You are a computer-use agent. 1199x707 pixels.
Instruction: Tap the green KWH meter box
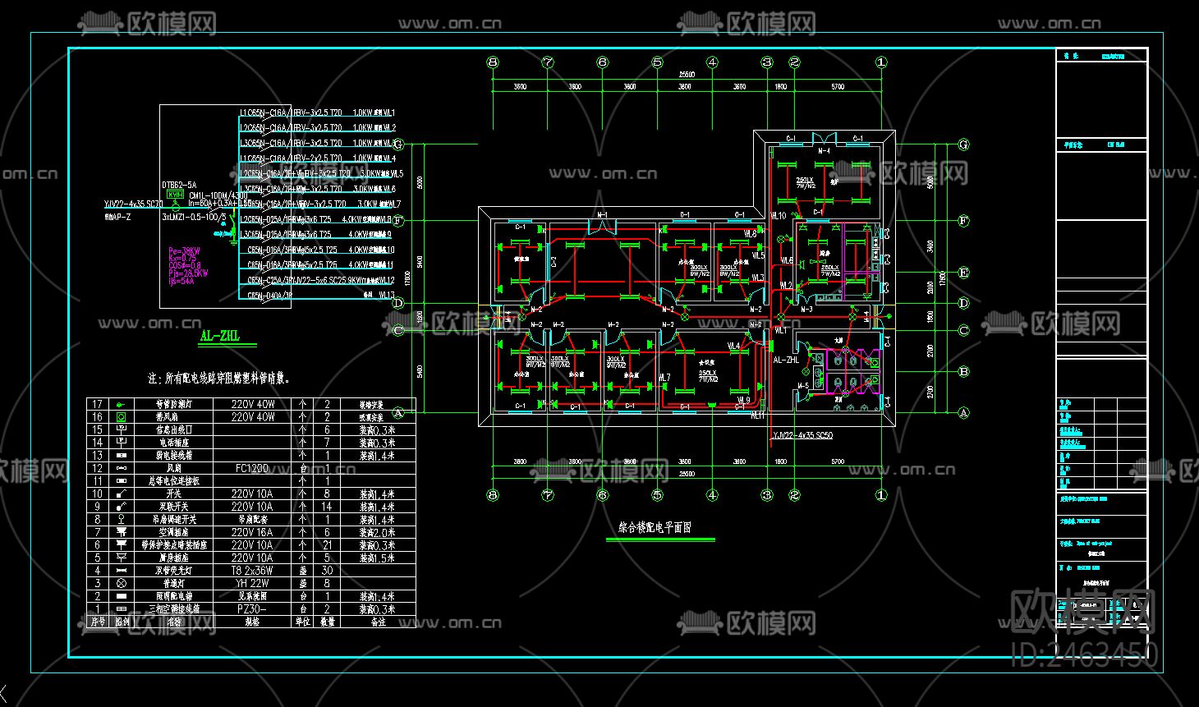175,195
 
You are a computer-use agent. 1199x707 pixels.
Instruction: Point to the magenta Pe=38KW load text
184,251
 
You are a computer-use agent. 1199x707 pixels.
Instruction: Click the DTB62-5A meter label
179,186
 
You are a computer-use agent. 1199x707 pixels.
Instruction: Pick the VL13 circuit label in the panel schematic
386,295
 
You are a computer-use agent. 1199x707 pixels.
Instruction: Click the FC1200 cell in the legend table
252,468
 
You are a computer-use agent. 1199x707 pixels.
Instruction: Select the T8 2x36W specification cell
252,571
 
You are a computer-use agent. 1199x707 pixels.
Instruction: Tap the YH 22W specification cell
252,583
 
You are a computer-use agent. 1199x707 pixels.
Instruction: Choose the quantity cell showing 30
327,571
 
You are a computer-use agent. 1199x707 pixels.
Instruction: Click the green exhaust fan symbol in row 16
122,417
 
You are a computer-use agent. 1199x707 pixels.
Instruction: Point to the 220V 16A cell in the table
252,532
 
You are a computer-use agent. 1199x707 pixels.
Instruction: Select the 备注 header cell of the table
377,622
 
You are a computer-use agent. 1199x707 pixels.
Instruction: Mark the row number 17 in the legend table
98,404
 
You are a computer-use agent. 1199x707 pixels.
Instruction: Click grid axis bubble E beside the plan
964,273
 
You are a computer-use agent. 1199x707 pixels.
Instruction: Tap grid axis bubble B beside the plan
964,372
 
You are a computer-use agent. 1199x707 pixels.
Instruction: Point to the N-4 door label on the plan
824,151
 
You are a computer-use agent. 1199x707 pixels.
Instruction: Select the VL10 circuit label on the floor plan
778,216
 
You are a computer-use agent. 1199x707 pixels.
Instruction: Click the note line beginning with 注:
218,379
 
